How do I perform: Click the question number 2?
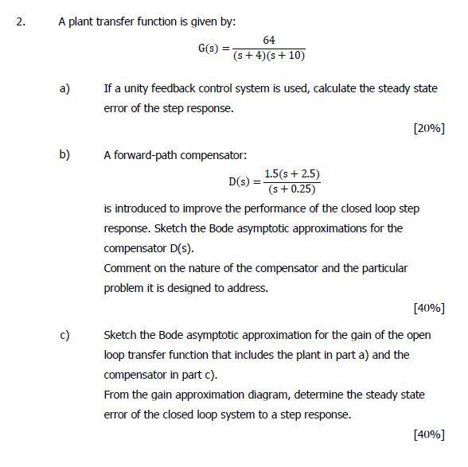(x=21, y=22)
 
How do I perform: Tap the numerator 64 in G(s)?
(x=269, y=41)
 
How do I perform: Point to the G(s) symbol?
(x=209, y=49)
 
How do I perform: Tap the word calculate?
(x=339, y=89)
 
